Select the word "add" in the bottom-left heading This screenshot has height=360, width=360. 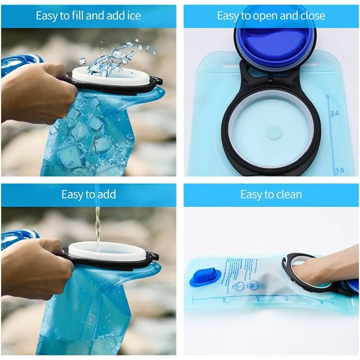pos(106,195)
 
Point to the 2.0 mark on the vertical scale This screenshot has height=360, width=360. pos(334,113)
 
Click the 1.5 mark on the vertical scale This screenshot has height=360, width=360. pos(339,170)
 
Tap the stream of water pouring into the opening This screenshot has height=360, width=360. pos(97,224)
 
